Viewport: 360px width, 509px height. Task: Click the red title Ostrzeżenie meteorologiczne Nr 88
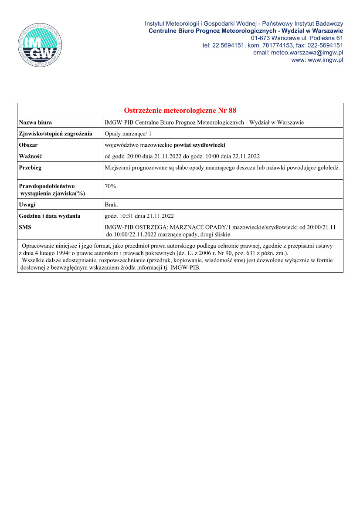tap(180, 110)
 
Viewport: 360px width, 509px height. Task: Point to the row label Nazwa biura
tap(35, 123)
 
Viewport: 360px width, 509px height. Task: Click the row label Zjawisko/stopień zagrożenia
tap(55, 134)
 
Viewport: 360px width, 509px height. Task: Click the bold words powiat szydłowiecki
tap(199, 145)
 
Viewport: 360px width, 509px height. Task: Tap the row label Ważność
tap(30, 156)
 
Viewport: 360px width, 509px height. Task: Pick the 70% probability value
tap(110, 186)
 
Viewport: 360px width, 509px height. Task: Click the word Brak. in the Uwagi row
tap(112, 204)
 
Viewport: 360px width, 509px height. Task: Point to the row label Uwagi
tap(27, 204)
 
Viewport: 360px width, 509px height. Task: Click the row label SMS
tap(25, 227)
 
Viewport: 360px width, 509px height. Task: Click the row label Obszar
tap(28, 145)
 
